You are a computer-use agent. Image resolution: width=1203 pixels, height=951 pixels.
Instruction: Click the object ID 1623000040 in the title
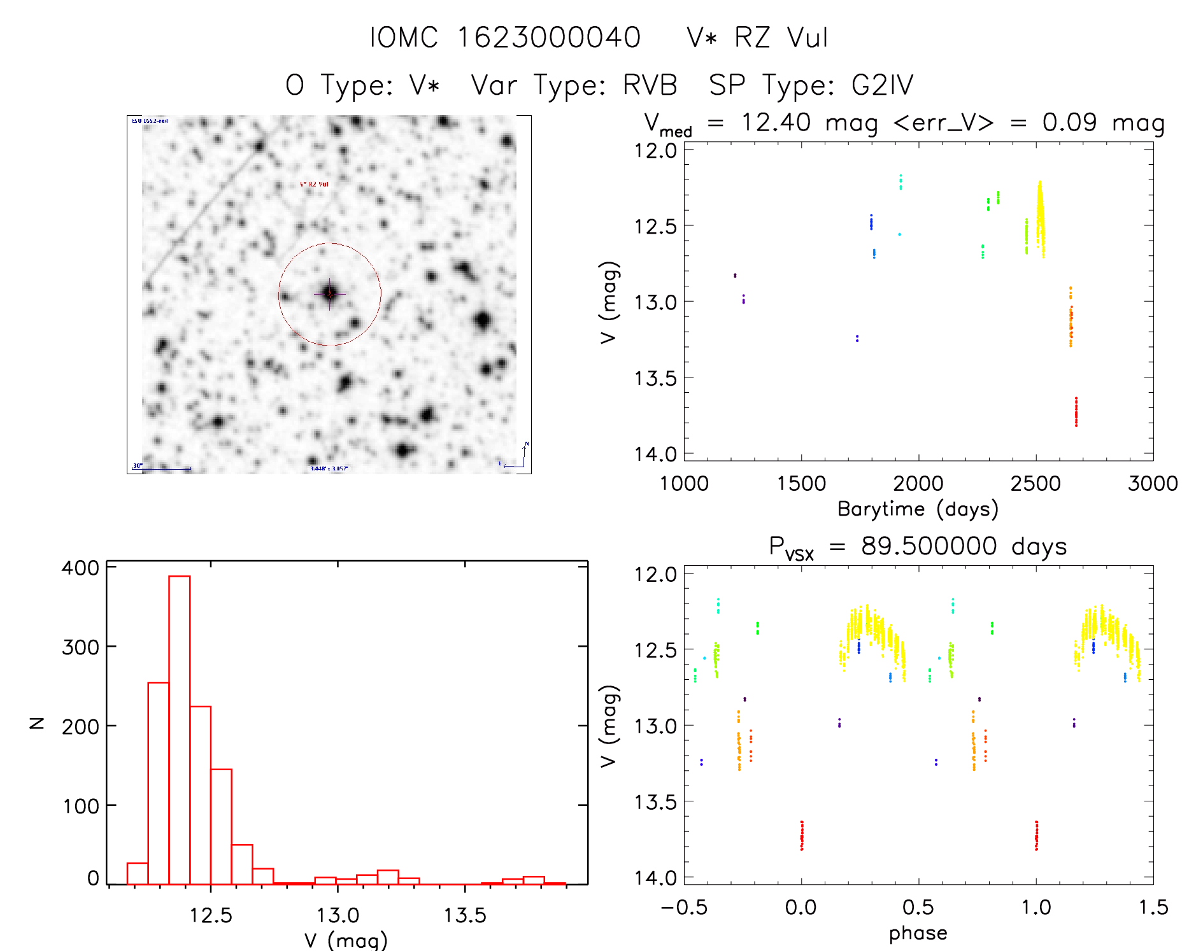[549, 38]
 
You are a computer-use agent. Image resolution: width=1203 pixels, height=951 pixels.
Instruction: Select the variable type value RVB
[650, 85]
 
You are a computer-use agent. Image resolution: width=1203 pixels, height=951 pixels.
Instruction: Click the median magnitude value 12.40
[775, 122]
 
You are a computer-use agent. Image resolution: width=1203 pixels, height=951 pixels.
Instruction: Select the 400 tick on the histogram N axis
[80, 568]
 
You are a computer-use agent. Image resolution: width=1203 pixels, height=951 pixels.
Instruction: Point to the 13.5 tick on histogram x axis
[464, 915]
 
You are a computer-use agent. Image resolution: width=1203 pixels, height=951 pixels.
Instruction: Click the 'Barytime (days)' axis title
[918, 509]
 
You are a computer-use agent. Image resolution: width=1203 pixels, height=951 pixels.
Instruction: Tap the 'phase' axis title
[918, 933]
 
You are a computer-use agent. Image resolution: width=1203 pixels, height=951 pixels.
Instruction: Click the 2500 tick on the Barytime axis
[1036, 483]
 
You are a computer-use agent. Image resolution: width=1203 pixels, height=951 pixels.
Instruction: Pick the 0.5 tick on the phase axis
[918, 907]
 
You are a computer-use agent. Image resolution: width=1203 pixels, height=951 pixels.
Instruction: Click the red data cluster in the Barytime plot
[1076, 412]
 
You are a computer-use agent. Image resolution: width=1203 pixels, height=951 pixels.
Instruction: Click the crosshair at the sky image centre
[329, 293]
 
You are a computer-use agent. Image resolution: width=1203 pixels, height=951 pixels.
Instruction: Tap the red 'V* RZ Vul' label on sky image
[314, 184]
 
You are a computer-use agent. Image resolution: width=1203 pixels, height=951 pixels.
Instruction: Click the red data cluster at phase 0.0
[802, 836]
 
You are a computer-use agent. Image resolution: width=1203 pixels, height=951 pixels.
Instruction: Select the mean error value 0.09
[1069, 122]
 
